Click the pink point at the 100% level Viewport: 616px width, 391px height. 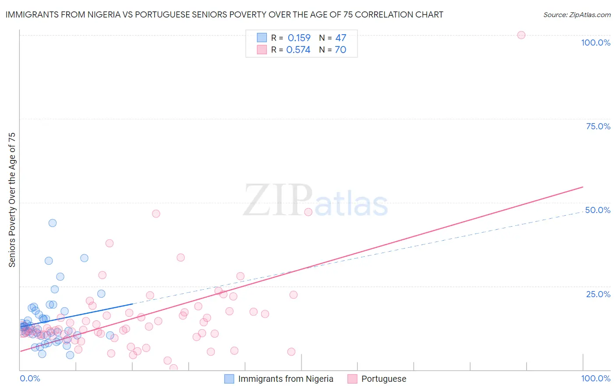(x=521, y=35)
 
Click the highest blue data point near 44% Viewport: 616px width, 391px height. (x=53, y=223)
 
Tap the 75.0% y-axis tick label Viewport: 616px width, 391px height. (x=598, y=126)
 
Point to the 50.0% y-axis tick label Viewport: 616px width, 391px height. (x=598, y=210)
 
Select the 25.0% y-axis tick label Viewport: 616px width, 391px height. (x=598, y=294)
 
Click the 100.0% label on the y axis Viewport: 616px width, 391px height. (x=595, y=43)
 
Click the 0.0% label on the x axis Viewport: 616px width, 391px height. (x=30, y=378)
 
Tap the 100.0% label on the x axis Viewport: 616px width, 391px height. (x=595, y=378)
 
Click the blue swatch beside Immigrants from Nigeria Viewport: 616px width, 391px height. (x=229, y=379)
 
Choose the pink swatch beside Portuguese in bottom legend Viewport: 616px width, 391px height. (x=352, y=379)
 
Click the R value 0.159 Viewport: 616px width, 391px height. (x=299, y=38)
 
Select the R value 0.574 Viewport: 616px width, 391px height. (x=298, y=50)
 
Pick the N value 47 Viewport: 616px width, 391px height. (x=340, y=38)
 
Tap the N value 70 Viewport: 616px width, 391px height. (x=340, y=50)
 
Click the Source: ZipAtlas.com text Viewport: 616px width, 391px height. (x=577, y=14)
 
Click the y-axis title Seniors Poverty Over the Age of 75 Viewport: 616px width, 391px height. (x=12, y=199)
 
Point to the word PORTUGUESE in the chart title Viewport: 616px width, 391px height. (x=162, y=14)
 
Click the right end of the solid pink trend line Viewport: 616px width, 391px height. (x=583, y=187)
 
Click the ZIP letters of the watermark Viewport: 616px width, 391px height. (x=278, y=200)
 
